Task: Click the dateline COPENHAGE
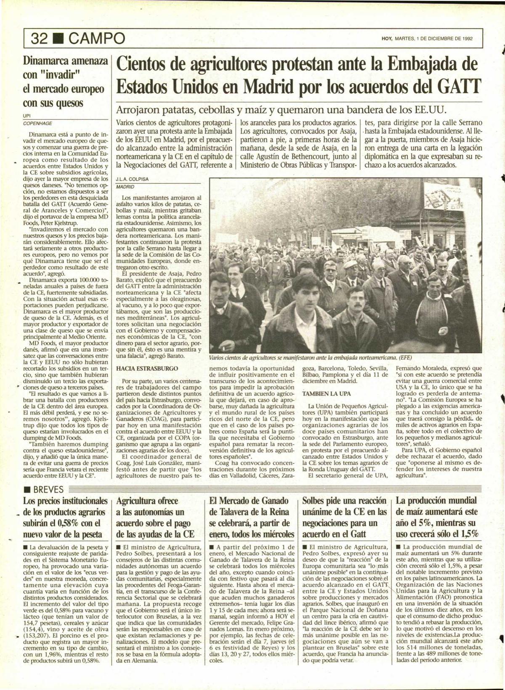[37, 123]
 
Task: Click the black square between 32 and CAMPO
[58, 39]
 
